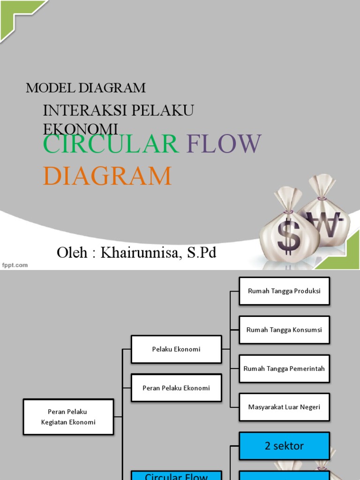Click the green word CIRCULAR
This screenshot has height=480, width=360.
[111, 144]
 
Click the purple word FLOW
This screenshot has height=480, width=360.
[224, 144]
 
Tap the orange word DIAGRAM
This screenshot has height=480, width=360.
[107, 176]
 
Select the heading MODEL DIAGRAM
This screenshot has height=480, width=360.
[85, 88]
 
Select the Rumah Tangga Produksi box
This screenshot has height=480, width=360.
[284, 291]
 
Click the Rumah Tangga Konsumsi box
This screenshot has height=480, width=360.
[284, 330]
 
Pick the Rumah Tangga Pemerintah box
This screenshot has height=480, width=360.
[284, 368]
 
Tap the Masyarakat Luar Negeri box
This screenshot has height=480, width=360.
[284, 407]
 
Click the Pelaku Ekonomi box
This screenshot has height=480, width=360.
[176, 349]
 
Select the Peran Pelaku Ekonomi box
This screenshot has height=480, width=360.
[176, 388]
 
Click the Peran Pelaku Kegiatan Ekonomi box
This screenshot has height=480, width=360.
[68, 417]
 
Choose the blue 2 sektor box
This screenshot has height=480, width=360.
[284, 446]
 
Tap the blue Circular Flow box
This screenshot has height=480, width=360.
[176, 475]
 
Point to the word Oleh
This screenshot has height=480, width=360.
[72, 253]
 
